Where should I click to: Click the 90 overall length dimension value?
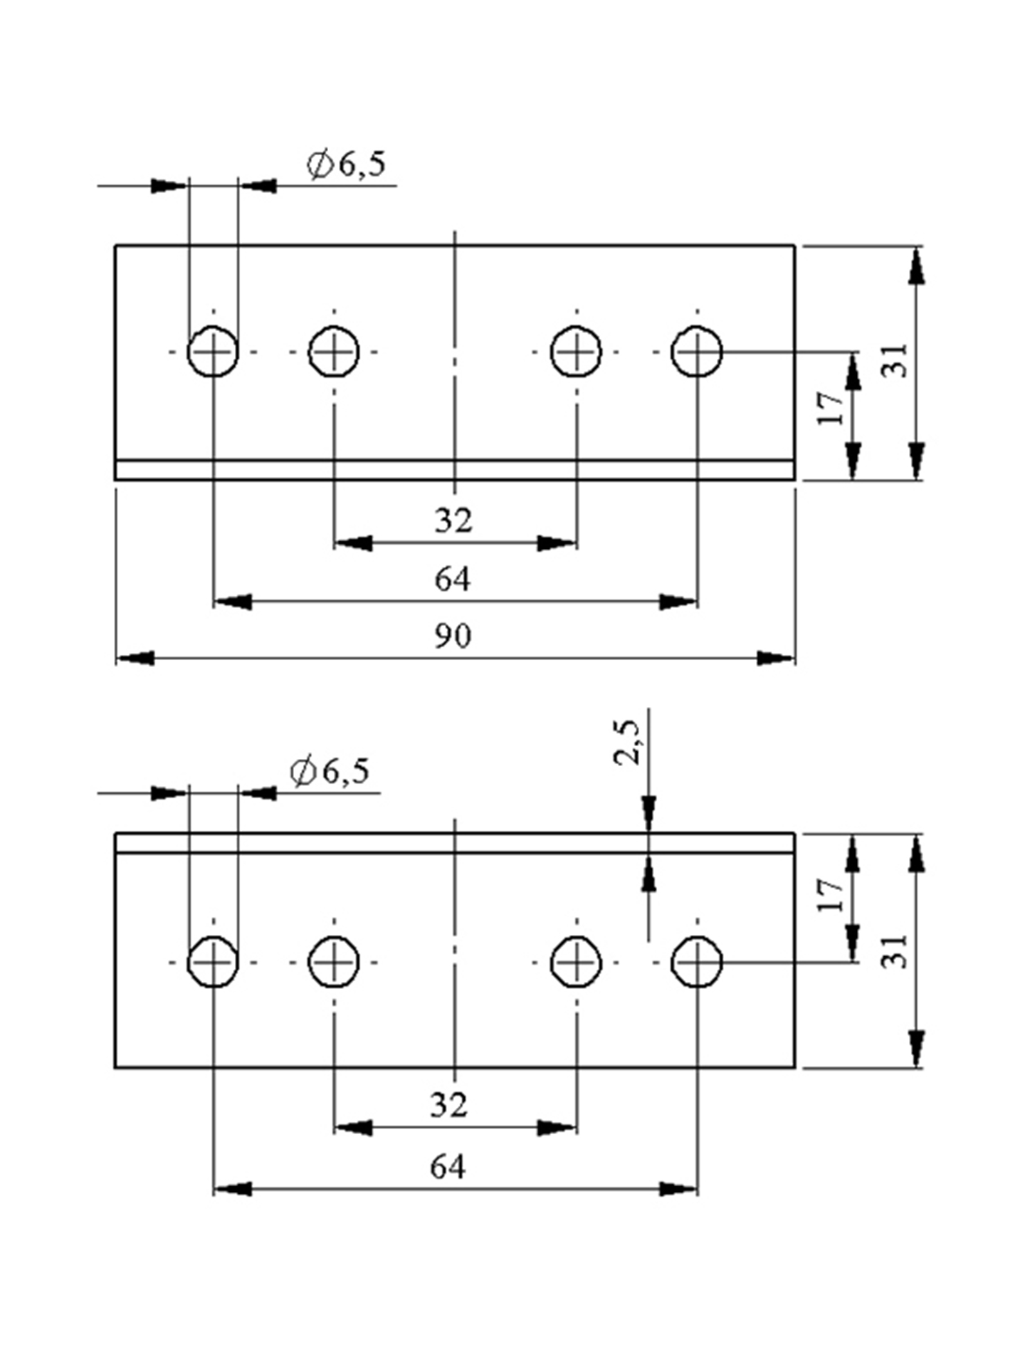(x=453, y=635)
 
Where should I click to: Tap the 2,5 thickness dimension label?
(x=627, y=742)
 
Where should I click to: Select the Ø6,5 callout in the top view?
(x=347, y=164)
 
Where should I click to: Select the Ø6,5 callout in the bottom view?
(x=330, y=772)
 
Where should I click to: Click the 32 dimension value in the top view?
(x=453, y=520)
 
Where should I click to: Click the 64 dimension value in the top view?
(x=453, y=579)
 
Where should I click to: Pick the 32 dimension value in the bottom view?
(x=448, y=1105)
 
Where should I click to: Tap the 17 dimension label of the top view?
(x=830, y=407)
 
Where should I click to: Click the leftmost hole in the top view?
(x=213, y=351)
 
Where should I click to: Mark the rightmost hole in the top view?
(x=697, y=351)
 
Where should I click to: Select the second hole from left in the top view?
(x=334, y=351)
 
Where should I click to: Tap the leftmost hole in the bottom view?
(x=213, y=962)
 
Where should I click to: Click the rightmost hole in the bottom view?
(x=697, y=962)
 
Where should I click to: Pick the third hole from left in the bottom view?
(x=576, y=962)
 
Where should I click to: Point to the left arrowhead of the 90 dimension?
(x=135, y=658)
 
